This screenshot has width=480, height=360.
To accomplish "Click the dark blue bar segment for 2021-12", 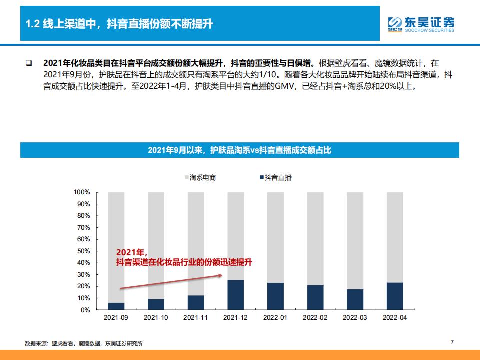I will coord(235,295).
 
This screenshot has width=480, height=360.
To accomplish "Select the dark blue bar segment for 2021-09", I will coord(116,306).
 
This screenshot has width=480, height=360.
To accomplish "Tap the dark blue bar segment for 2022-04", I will coord(395,296).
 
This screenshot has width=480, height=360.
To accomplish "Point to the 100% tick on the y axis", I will coord(82,192).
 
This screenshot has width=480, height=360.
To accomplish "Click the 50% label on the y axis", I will coord(83,251).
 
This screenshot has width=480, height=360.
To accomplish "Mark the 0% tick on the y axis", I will coord(85,310).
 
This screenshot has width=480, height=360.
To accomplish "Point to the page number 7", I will coord(452,342).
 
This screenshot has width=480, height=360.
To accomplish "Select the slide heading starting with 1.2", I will coord(119,24).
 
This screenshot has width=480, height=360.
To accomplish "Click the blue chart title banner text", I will coord(239,150).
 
